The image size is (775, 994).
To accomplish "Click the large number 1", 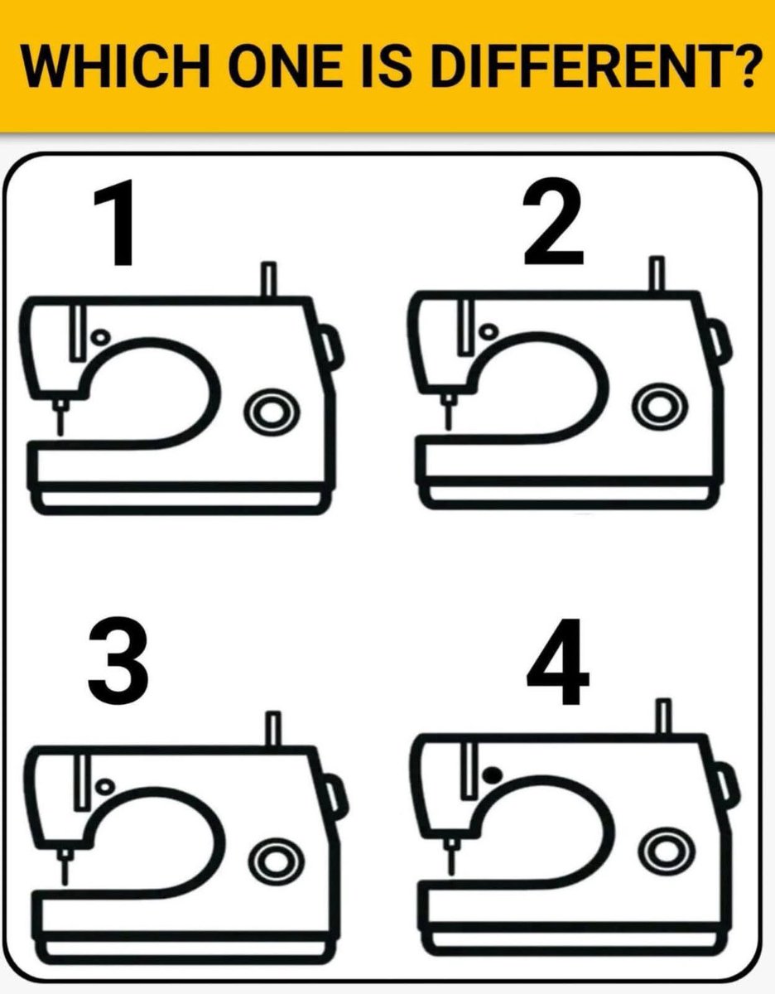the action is coord(115,222).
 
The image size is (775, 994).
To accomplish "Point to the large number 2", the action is coord(553,221).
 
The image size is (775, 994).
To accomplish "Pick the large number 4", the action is coord(558,662).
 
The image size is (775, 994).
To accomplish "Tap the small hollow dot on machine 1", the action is coord(100,337).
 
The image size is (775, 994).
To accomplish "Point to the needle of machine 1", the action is coord(60,417).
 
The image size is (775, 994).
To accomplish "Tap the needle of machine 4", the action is coord(451,856).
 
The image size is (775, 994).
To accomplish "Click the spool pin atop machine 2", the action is coord(657,273).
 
